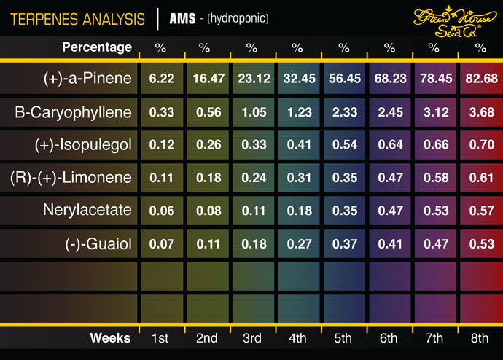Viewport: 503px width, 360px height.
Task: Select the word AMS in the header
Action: point(182,17)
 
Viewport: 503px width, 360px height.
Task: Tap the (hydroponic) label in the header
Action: point(238,17)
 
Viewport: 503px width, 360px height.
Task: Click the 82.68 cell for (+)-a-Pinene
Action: point(480,78)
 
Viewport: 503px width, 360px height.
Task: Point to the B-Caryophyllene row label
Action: point(74,112)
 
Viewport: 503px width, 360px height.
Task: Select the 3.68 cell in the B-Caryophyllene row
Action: point(480,112)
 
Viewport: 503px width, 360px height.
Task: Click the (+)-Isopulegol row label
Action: point(82,144)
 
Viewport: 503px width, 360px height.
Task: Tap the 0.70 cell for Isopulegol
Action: point(480,144)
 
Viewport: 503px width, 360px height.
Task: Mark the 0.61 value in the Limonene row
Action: point(480,177)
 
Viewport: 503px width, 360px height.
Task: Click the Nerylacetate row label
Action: point(88,210)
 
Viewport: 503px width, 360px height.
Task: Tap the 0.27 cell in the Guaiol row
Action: point(297,243)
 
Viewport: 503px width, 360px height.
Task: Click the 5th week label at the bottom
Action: point(343,338)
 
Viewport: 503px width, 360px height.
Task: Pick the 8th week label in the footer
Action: point(480,338)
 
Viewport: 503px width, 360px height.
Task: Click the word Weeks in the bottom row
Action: point(110,338)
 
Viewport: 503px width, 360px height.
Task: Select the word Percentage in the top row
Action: point(97,48)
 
